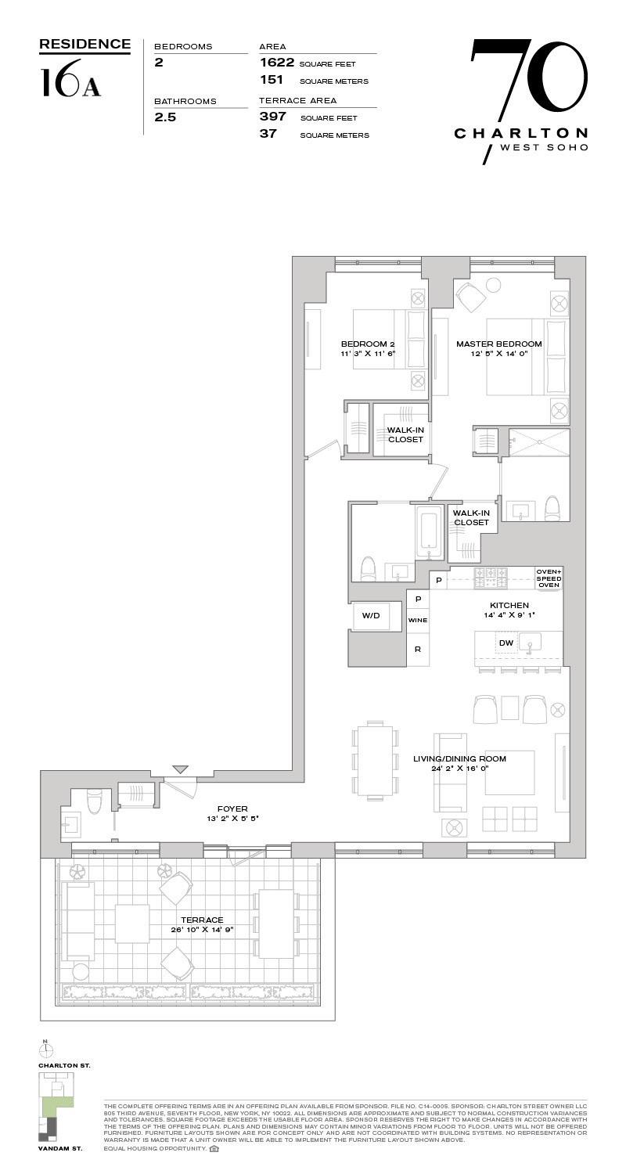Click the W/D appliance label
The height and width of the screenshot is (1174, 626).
point(370,616)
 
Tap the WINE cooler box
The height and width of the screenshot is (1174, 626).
point(418,620)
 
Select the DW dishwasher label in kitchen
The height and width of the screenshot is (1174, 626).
point(506,643)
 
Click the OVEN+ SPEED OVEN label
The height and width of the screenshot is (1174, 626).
point(549,578)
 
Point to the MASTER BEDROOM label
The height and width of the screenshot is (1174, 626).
point(498,344)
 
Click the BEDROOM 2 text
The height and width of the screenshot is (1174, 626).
point(368,344)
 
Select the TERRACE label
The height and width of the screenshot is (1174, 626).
point(202,920)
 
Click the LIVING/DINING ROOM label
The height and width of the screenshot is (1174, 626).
point(459,758)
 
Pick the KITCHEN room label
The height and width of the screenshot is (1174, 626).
point(509,605)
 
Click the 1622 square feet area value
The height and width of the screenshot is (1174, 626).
point(276,63)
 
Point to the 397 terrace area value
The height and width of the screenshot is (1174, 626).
point(273,117)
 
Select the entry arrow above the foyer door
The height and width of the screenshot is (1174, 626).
point(181,771)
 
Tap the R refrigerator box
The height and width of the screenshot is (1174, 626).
point(418,649)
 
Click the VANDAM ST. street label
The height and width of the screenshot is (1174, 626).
point(60,1148)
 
